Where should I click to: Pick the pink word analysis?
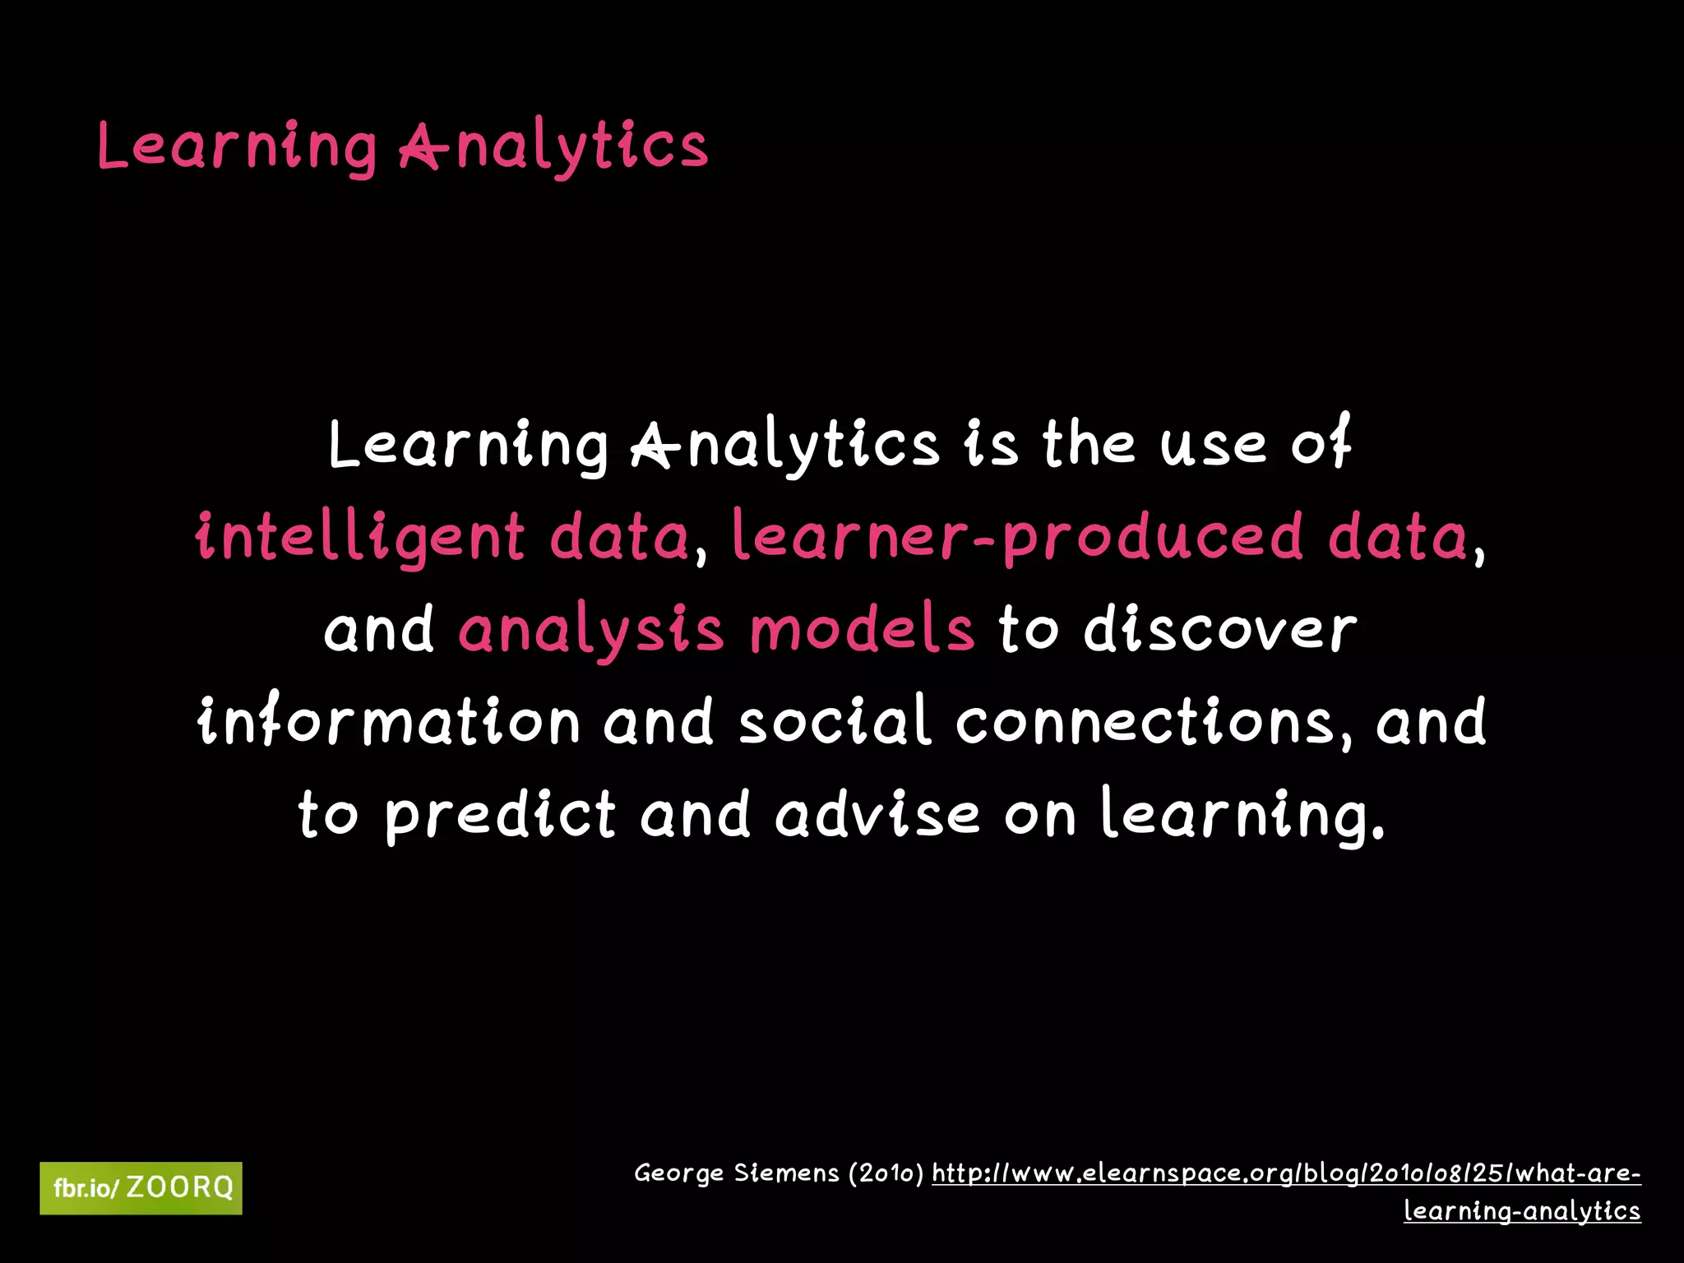tap(591, 630)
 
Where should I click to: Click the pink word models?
tap(862, 630)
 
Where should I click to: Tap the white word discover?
tap(1220, 630)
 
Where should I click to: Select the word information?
tap(390, 722)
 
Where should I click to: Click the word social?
tap(835, 722)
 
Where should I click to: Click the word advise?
tap(877, 814)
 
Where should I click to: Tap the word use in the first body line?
tap(1214, 444)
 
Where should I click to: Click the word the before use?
tap(1090, 444)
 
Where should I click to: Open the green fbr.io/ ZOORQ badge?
tap(141, 1188)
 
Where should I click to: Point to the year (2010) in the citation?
tap(886, 1173)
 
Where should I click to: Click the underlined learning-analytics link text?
tap(1522, 1210)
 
